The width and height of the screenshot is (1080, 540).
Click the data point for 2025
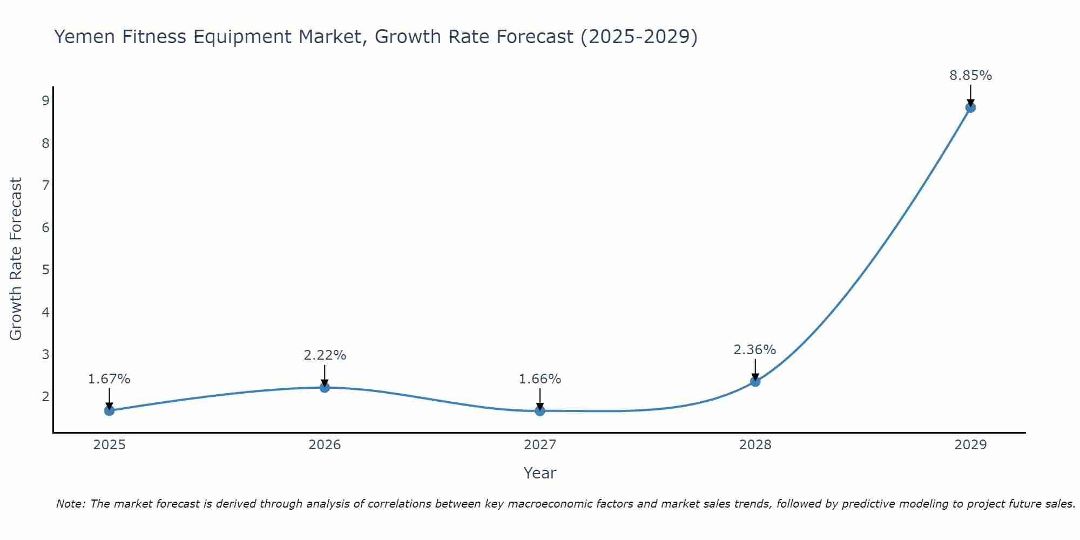coord(109,410)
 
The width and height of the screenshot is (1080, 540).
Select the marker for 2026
coord(325,387)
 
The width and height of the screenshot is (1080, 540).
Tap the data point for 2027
coord(540,411)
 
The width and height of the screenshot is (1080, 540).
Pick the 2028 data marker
coord(755,381)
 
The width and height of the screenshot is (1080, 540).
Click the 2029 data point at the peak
coord(970,107)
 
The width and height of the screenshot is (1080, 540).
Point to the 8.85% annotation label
coord(970,76)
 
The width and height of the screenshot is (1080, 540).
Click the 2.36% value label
coord(754,350)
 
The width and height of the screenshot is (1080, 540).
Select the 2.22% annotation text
coord(325,355)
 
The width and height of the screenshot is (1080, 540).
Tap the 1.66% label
coord(540,379)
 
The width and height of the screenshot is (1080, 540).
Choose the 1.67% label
coord(109,379)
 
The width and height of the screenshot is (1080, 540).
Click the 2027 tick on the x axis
coord(540,445)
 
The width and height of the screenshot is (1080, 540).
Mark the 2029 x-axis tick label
coord(970,445)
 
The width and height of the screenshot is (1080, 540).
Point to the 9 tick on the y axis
coord(45,100)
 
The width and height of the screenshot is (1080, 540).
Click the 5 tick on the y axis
coord(45,269)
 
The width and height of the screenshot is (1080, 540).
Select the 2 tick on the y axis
coord(45,396)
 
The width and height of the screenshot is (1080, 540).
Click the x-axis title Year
coord(540,473)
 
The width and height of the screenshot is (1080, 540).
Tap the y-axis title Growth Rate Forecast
coord(16,259)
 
